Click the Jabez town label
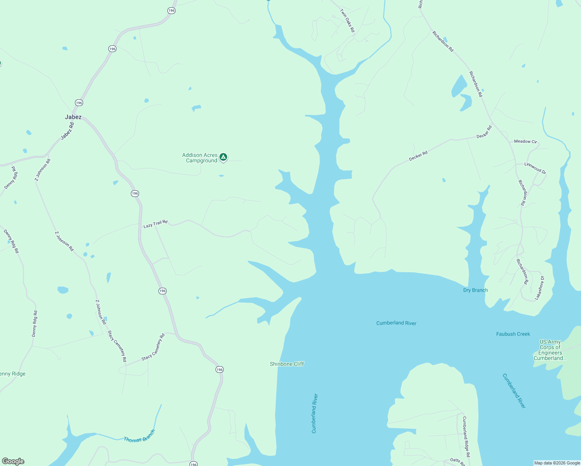click(73, 117)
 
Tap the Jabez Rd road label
click(67, 131)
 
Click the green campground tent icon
click(223, 157)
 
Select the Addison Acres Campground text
click(200, 158)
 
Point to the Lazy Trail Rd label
click(155, 224)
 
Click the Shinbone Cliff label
click(287, 364)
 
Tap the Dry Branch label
click(475, 290)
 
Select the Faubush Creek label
click(513, 334)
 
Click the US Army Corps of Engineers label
click(550, 350)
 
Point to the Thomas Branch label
click(139, 436)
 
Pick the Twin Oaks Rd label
click(348, 21)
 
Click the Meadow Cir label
click(525, 141)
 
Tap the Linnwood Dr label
click(535, 168)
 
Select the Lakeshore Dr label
click(540, 288)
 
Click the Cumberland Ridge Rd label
click(466, 436)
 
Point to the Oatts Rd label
click(457, 461)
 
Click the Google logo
click(13, 461)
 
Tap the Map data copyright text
click(557, 463)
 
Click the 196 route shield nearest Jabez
click(79, 103)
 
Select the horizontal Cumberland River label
click(396, 323)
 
